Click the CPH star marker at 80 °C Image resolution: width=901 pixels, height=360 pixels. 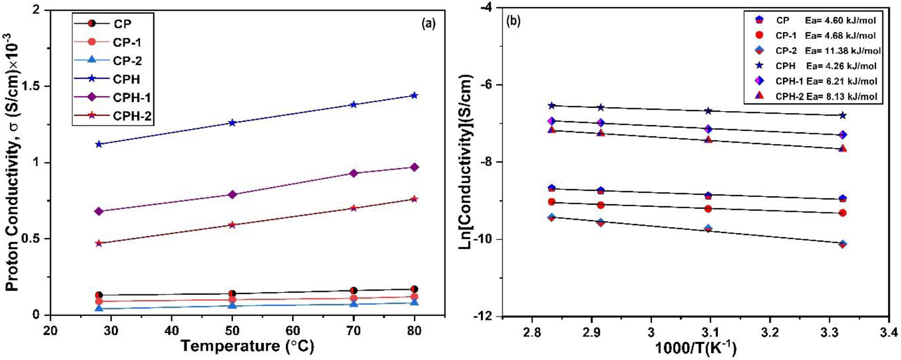pos(414,96)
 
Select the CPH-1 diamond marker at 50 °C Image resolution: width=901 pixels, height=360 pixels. pos(232,195)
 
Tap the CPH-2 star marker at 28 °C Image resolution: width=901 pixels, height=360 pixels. pos(99,243)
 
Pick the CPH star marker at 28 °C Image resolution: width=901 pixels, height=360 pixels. pos(99,144)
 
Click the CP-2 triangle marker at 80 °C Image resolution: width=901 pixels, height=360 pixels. pos(414,302)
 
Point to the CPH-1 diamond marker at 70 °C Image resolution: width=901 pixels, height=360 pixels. pos(354,173)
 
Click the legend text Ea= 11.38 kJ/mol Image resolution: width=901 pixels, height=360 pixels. pos(843,50)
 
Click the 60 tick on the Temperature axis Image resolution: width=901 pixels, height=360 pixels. pos(292,331)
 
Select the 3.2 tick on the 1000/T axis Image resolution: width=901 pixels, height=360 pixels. pos(770,332)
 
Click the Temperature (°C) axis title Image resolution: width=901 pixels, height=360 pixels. pos(247,346)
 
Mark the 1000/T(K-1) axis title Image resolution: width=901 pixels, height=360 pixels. pos(695,348)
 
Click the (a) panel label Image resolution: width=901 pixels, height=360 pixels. pos(429,23)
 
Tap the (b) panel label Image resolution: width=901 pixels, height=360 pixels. pos(513,21)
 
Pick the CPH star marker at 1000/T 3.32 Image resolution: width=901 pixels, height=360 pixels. pos(843,115)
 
